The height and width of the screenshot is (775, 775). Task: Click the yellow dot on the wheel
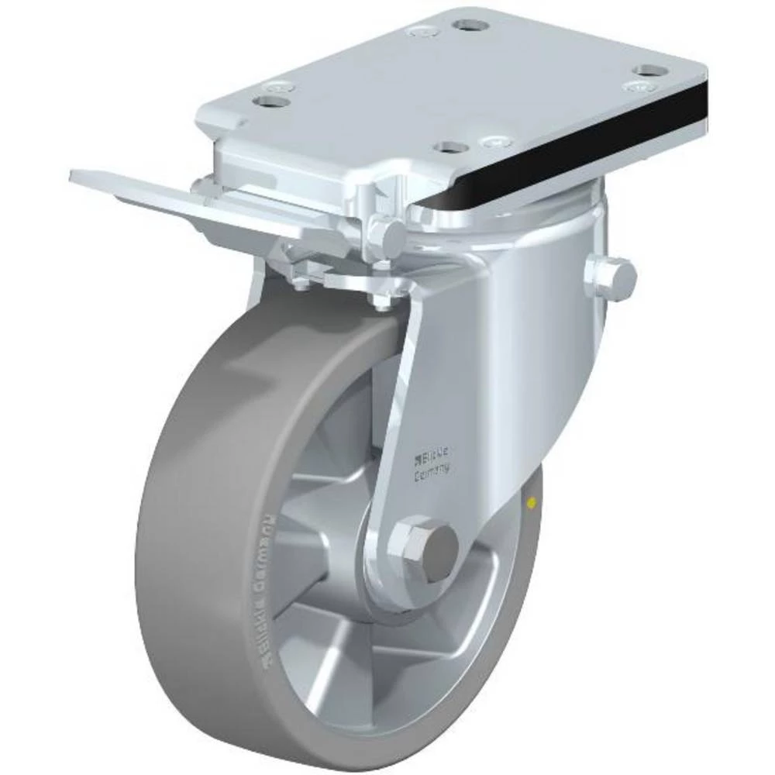tap(530, 505)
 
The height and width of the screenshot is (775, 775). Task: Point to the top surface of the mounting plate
tap(465, 85)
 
